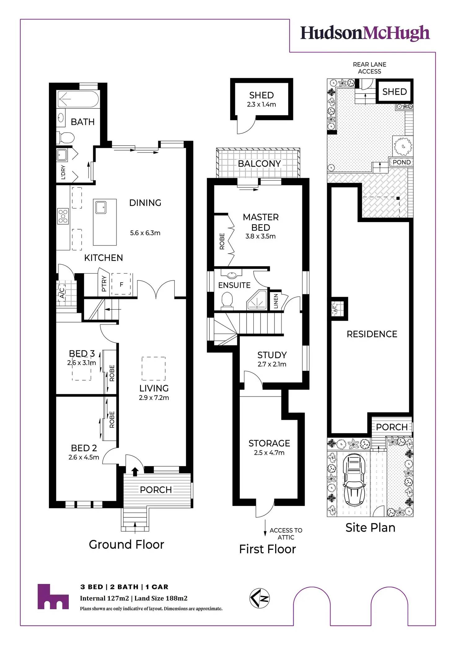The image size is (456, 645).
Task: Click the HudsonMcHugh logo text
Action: [x=365, y=33]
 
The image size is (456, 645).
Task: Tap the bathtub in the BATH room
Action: [x=78, y=99]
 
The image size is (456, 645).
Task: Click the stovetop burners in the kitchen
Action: [x=63, y=216]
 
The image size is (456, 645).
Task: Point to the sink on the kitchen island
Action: [x=101, y=207]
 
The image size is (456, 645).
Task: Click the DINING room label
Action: [x=145, y=203]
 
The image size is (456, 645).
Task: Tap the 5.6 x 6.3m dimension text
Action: [x=145, y=233]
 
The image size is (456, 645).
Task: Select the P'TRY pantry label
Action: [x=104, y=284]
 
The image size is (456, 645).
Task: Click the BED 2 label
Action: [x=84, y=448]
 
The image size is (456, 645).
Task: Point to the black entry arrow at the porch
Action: [x=135, y=472]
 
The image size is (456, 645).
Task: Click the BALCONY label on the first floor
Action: [x=259, y=164]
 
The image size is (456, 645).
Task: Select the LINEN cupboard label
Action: [x=276, y=301]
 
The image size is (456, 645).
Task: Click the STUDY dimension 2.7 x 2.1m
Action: [x=272, y=364]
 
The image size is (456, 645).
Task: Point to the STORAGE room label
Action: [x=269, y=443]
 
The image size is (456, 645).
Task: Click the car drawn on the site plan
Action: [x=354, y=480]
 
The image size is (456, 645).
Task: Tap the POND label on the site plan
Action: [x=401, y=162]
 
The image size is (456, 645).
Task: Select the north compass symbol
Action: [x=260, y=598]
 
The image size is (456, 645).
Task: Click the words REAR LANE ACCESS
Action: [x=370, y=68]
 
